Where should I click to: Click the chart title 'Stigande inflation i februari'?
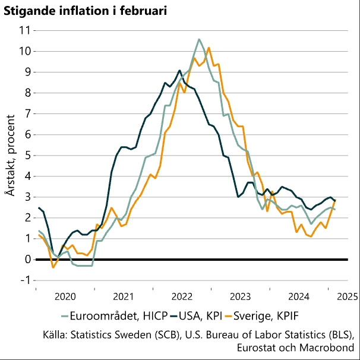(86, 10)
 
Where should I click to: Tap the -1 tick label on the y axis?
(24, 280)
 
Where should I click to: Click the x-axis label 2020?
(64, 296)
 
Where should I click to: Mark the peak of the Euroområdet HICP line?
(199, 39)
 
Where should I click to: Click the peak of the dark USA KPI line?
(179, 70)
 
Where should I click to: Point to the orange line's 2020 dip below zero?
(53, 267)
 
